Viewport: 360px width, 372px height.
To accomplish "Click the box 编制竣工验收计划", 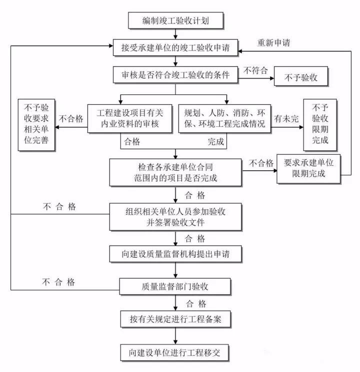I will [175, 21].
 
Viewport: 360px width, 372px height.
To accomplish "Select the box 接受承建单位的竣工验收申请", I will [175, 47].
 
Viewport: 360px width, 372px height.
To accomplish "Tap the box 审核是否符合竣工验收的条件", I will [175, 75].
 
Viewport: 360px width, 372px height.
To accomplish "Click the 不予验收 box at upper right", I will [302, 78].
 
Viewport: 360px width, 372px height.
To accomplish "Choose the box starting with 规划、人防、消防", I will [225, 119].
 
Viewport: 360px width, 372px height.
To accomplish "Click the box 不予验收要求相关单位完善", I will [36, 124].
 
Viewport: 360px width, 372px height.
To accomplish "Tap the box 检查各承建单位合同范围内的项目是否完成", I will [175, 171].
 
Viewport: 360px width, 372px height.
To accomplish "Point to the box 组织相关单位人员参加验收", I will [175, 216].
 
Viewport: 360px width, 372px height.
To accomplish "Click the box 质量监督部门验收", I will [175, 286].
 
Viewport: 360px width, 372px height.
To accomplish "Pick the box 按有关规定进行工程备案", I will [175, 320].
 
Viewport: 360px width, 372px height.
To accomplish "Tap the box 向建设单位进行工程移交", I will [175, 353].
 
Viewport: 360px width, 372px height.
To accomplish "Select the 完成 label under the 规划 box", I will [216, 143].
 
